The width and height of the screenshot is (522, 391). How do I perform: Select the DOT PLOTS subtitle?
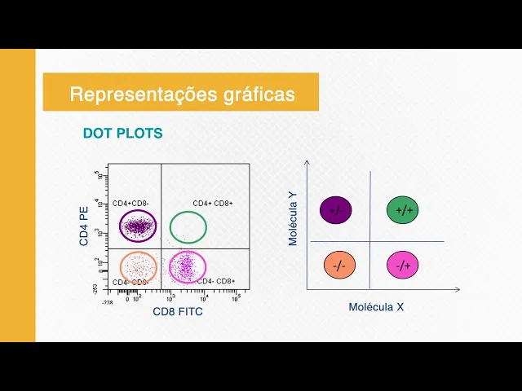click(122, 133)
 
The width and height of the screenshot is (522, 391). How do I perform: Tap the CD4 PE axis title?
click(85, 226)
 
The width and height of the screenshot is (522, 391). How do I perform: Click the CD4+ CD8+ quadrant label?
click(213, 203)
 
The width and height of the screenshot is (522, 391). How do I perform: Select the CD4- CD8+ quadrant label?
click(215, 281)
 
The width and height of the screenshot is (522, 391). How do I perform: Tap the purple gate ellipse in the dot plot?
click(138, 226)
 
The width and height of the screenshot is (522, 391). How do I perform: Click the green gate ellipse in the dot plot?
click(188, 227)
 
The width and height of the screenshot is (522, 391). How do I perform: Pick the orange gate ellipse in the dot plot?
click(138, 266)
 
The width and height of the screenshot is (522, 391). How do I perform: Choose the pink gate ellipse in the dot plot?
click(188, 266)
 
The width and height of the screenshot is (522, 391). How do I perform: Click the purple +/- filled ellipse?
click(335, 210)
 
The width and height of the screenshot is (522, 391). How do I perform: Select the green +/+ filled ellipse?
click(403, 210)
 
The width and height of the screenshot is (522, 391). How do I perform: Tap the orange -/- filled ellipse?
click(338, 266)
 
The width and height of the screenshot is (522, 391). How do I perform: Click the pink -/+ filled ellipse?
click(403, 266)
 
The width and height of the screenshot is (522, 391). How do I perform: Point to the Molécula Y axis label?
click(293, 217)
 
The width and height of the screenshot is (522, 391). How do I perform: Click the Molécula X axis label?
click(376, 307)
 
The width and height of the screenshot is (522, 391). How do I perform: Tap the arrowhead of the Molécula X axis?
click(458, 289)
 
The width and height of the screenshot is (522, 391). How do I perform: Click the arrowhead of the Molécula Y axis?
click(307, 162)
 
